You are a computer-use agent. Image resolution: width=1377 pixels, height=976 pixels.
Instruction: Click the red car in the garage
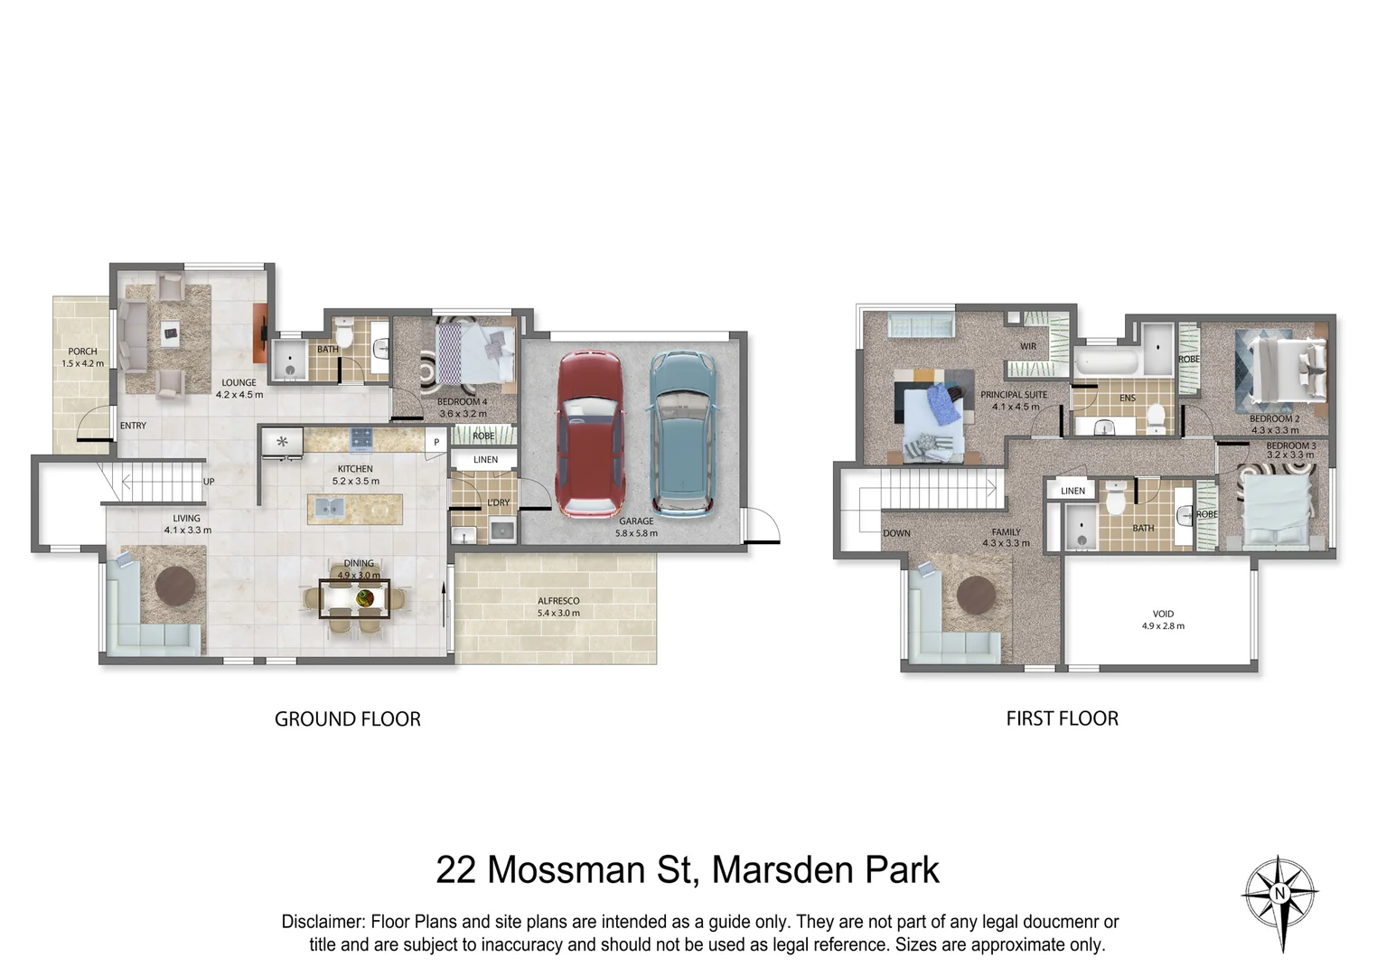click(x=590, y=432)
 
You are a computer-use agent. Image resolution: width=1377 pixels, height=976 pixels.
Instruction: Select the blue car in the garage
click(x=683, y=432)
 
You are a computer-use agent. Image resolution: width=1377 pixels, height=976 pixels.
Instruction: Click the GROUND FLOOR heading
click(x=347, y=719)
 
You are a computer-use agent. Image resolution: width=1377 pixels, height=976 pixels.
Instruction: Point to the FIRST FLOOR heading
click(x=1062, y=718)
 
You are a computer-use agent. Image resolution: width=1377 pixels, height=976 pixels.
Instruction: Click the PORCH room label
click(x=82, y=352)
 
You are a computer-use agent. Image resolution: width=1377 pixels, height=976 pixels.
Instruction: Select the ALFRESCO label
click(x=558, y=601)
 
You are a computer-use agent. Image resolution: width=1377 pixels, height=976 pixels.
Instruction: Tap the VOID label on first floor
click(x=1163, y=614)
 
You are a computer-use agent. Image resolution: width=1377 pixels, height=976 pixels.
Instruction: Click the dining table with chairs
click(x=354, y=598)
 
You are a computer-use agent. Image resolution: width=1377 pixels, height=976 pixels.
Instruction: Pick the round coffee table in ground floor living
click(x=175, y=587)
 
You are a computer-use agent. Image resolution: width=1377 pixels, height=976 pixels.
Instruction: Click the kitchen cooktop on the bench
click(x=361, y=439)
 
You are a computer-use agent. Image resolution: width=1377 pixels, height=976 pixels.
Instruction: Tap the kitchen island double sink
click(x=328, y=508)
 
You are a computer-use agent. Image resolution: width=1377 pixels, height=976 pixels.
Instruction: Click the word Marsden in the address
click(x=783, y=869)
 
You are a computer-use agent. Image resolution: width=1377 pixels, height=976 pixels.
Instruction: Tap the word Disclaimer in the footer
click(x=323, y=922)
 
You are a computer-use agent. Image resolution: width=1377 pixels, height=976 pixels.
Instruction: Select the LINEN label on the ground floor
click(x=485, y=460)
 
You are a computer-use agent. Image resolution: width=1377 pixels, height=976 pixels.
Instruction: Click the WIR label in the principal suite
click(x=1028, y=346)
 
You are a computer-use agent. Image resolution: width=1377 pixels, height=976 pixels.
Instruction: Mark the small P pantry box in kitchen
click(x=436, y=442)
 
